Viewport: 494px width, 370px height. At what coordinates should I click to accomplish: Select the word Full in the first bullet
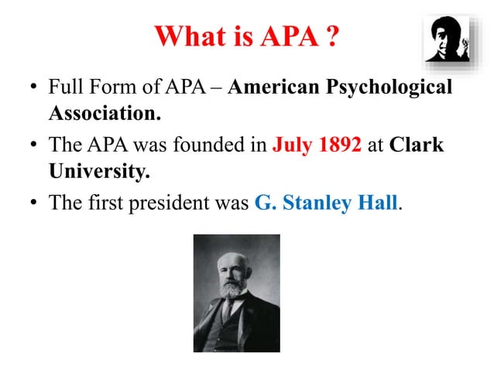pyautogui.click(x=66, y=87)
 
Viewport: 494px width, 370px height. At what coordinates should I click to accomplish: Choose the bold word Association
pyautogui.click(x=105, y=115)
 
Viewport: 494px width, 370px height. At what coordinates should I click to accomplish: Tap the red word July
pyautogui.click(x=291, y=145)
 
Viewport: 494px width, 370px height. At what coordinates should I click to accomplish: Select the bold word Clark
pyautogui.click(x=417, y=145)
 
